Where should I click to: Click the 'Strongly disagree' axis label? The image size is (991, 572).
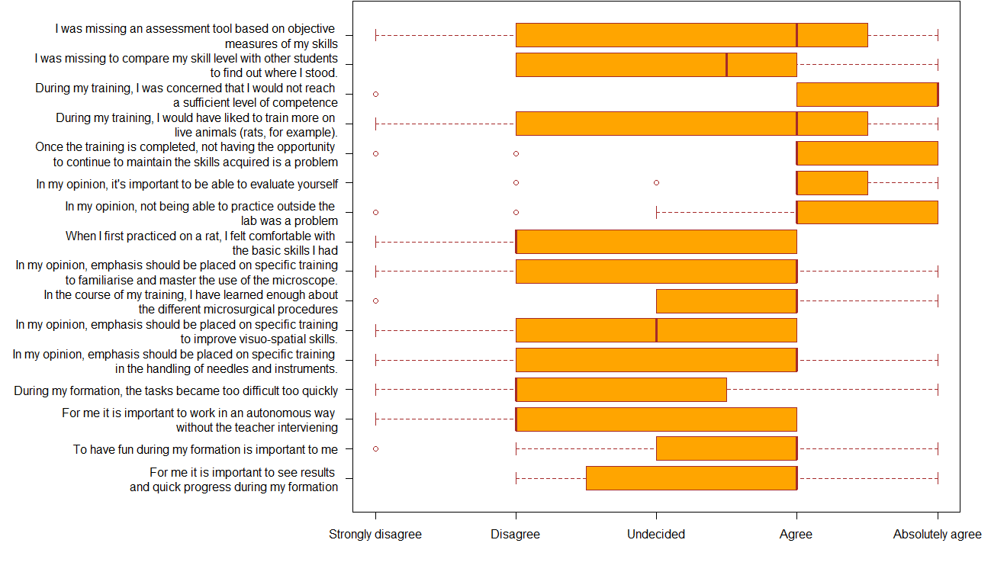pos(375,535)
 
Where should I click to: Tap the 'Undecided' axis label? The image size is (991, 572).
pos(656,535)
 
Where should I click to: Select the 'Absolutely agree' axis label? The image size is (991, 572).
pos(938,535)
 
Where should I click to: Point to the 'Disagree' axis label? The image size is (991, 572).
pos(516,535)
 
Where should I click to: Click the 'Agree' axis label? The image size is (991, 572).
pos(796,535)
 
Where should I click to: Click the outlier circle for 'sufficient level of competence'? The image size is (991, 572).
pos(375,95)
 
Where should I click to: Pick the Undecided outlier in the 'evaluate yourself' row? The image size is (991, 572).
pos(657,183)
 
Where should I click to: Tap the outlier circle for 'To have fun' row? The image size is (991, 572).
pos(375,449)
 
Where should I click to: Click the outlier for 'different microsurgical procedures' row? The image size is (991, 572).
pos(375,300)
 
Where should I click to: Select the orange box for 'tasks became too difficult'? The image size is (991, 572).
pos(621,390)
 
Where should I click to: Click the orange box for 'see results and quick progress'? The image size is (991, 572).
pos(691,478)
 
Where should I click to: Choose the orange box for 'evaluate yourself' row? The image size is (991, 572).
pos(832,183)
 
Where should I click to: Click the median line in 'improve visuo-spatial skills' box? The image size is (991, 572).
pos(657,330)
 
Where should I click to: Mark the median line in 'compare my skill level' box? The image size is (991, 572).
pos(726,65)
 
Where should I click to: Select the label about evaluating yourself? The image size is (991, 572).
pos(187,184)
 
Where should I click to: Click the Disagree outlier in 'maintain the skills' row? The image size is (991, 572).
pos(516,153)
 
